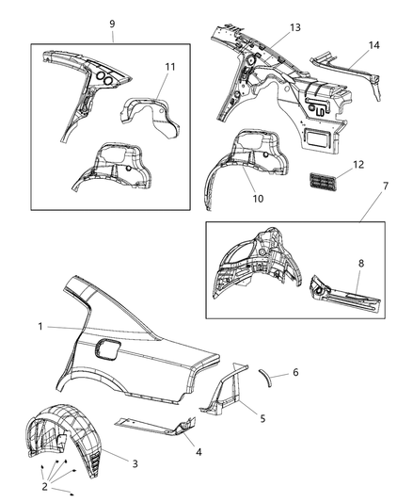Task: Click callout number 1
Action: click(40, 327)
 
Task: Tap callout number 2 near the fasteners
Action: click(45, 486)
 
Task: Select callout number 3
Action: click(135, 463)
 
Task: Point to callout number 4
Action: click(199, 452)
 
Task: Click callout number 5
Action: click(262, 418)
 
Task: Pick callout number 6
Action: click(295, 372)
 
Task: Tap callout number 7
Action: click(386, 186)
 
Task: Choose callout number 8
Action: click(361, 263)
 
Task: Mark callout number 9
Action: click(112, 24)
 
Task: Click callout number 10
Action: click(258, 199)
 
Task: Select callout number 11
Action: click(170, 67)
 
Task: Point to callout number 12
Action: click(358, 164)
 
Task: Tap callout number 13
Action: click(295, 27)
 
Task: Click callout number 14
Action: click(374, 45)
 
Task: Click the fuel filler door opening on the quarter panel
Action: click(107, 350)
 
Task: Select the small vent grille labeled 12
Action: click(321, 181)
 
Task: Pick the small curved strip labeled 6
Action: click(266, 378)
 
